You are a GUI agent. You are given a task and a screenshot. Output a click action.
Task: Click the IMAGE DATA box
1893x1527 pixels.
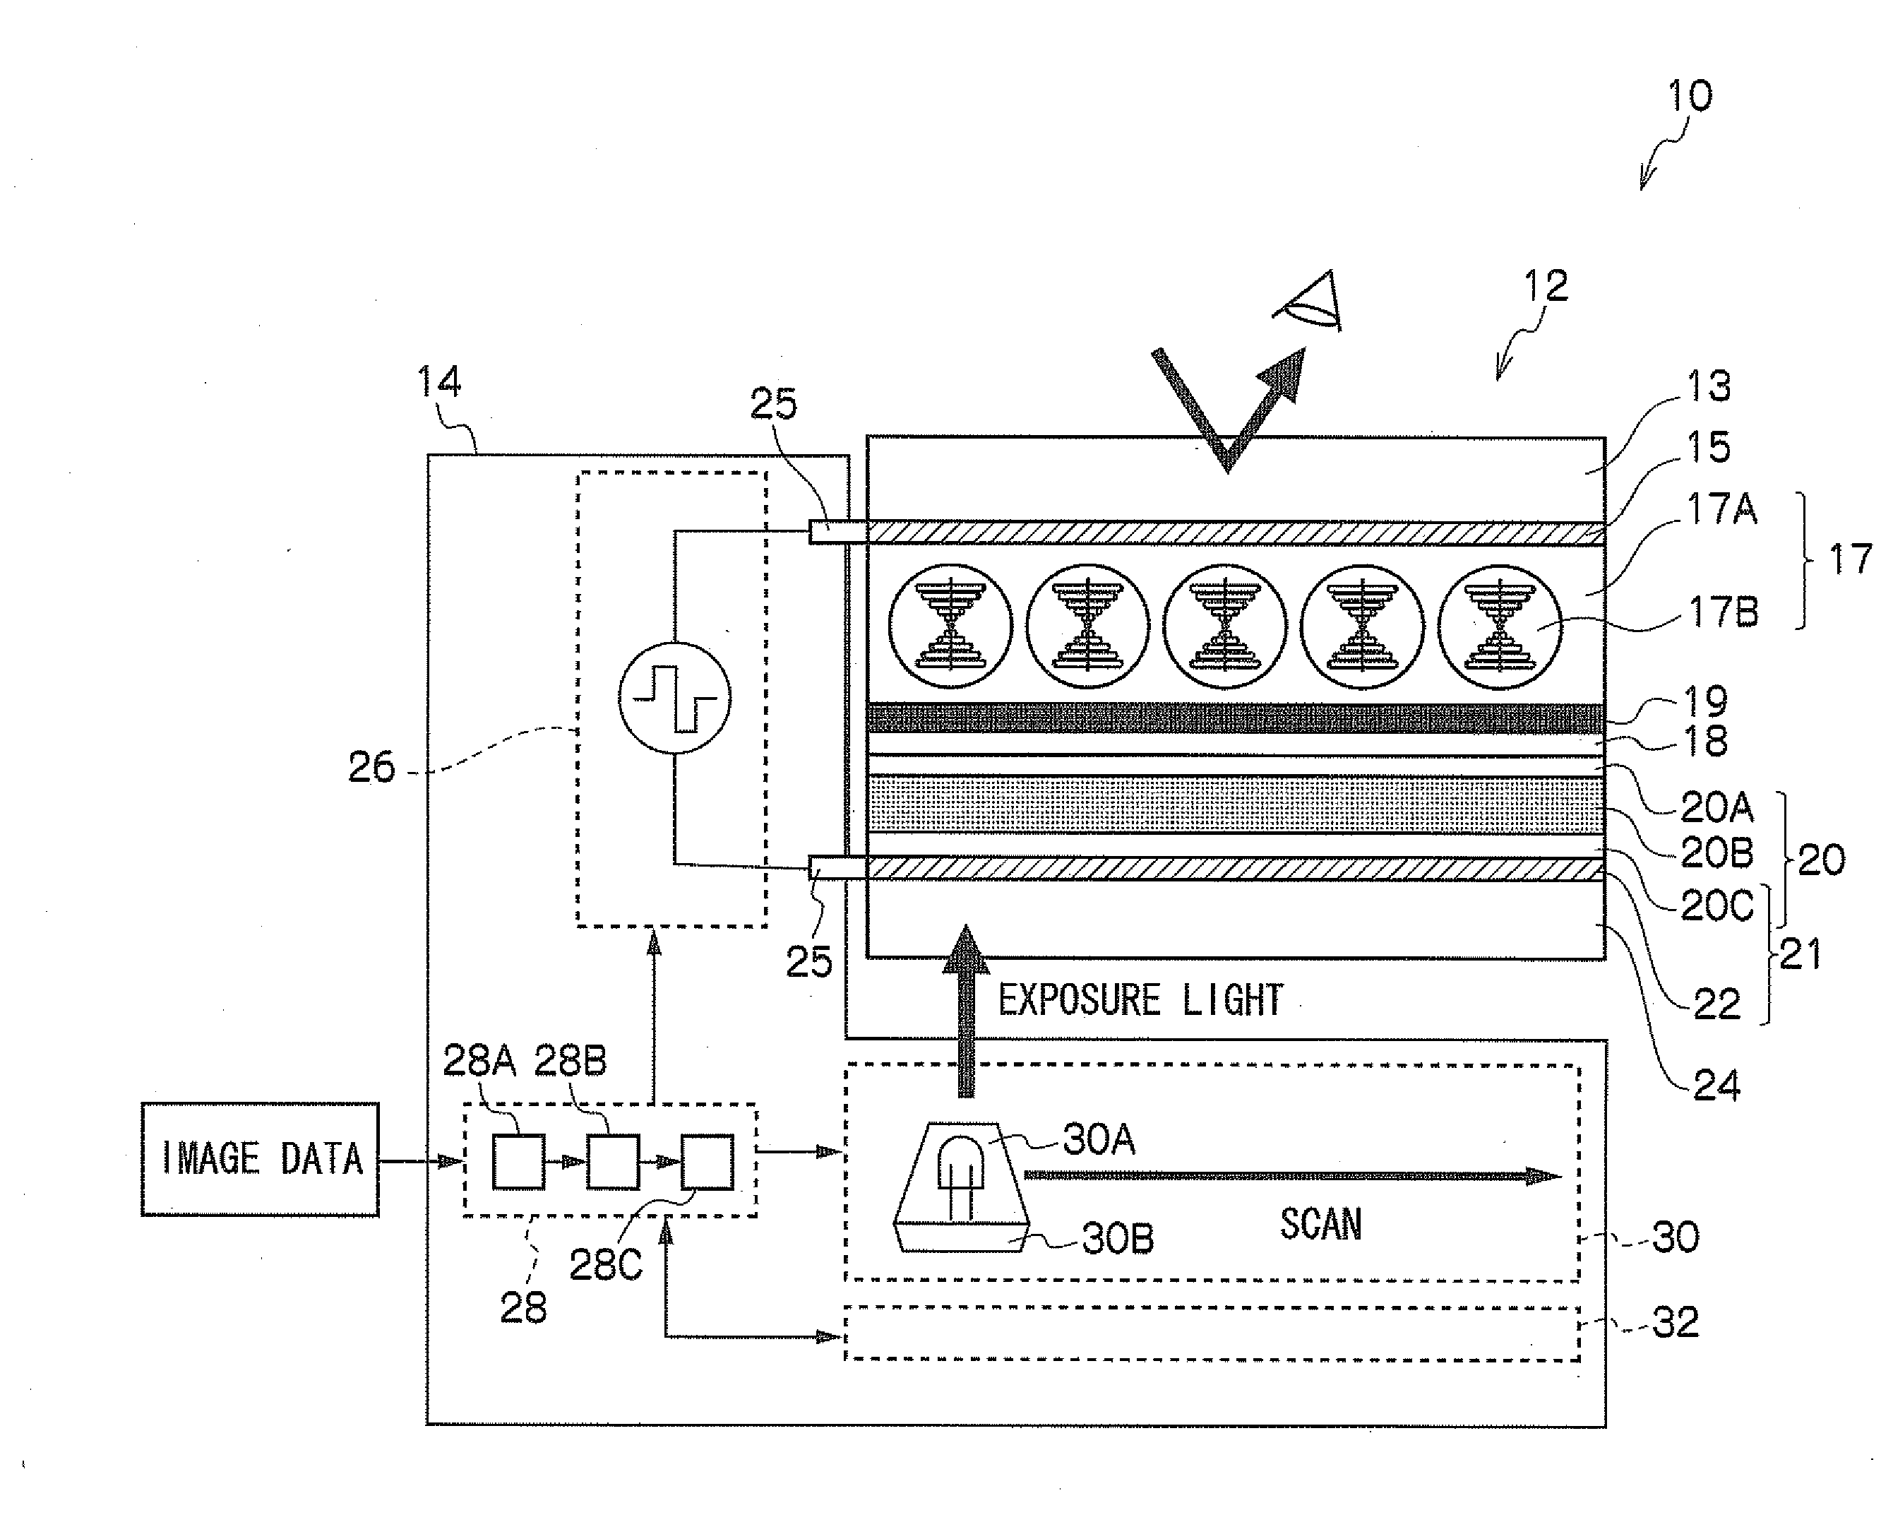(x=261, y=1159)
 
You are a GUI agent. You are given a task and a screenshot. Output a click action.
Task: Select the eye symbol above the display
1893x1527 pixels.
(x=1309, y=302)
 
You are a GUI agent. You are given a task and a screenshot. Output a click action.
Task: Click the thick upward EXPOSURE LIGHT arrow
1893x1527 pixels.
(x=967, y=1011)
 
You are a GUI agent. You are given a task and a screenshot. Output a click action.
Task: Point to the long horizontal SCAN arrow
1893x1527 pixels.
(x=1294, y=1175)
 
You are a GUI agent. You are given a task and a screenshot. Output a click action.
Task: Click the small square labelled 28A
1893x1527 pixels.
(x=518, y=1162)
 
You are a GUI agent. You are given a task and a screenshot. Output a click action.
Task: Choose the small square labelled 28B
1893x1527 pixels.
(x=613, y=1162)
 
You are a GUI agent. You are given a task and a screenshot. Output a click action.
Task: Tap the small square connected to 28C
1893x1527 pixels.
(x=707, y=1162)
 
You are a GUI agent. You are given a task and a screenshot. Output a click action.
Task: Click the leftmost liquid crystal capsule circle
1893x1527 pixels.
(x=950, y=626)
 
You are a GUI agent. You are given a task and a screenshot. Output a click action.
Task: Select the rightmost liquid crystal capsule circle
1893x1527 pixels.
(x=1500, y=626)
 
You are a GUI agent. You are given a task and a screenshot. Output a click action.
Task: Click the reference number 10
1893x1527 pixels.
(x=1689, y=95)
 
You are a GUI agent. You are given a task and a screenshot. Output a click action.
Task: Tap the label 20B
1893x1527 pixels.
(x=1717, y=852)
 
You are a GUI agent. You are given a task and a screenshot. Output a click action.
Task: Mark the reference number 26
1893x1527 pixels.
(x=371, y=768)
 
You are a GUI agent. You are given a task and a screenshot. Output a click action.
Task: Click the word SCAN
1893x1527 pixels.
(x=1320, y=1223)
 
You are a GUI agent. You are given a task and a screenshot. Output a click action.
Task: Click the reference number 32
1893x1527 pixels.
(x=1675, y=1322)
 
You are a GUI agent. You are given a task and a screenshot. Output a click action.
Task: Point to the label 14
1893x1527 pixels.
(x=438, y=381)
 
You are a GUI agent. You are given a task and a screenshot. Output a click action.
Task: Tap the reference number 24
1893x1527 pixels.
(x=1716, y=1086)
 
